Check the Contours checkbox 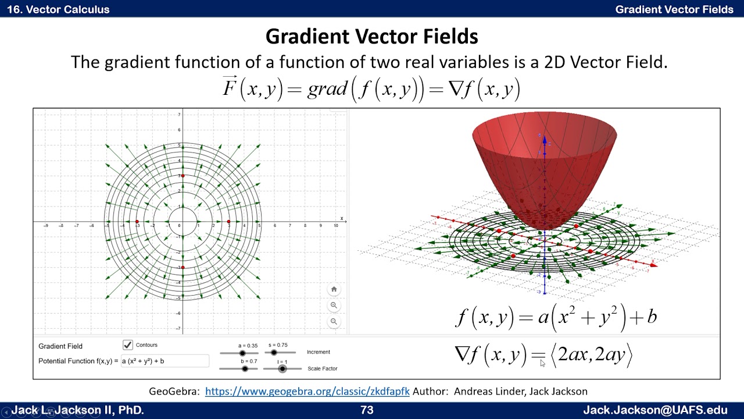click(128, 345)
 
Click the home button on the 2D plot click(334, 289)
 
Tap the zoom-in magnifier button click(334, 305)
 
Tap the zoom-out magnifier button click(334, 321)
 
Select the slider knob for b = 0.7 click(245, 368)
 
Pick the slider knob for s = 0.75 click(274, 352)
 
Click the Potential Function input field click(164, 361)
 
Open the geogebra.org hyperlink click(307, 392)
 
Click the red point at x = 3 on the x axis click(228, 222)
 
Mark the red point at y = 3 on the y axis click(183, 176)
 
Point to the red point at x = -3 click(137, 222)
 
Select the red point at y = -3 click(183, 268)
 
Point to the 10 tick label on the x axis click(336, 226)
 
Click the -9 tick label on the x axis click(46, 226)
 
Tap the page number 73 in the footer click(367, 410)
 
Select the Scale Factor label click(322, 368)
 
